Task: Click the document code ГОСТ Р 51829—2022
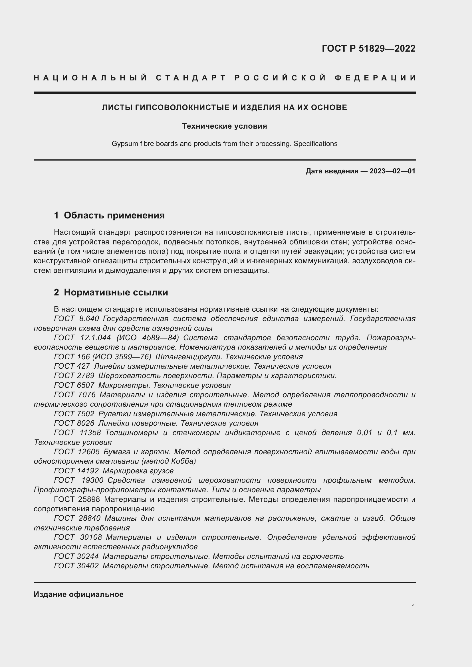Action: point(368,48)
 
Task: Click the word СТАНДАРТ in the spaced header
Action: point(191,78)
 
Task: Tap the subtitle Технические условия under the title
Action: point(224,126)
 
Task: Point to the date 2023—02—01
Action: point(392,171)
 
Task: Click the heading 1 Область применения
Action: point(109,215)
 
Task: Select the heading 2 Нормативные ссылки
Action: point(111,292)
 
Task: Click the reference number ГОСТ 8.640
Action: point(76,319)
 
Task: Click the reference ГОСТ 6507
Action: point(74,385)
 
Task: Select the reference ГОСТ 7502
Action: point(74,414)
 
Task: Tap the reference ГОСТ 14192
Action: point(76,471)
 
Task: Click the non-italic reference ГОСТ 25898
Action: point(77,499)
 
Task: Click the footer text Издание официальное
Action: point(78,594)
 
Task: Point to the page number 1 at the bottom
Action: point(413,607)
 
